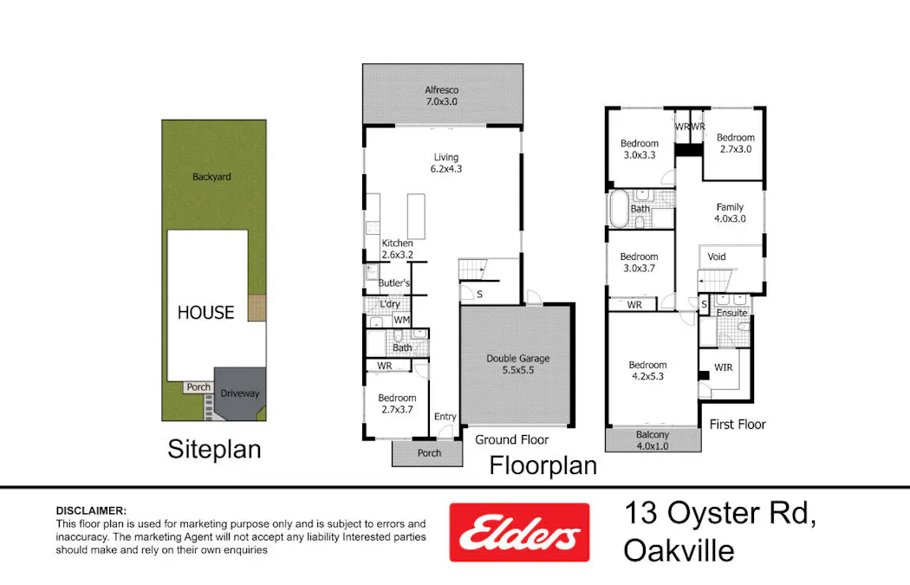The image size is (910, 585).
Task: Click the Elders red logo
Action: pyautogui.click(x=518, y=532)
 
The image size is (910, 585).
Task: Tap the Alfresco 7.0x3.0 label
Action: pyautogui.click(x=441, y=95)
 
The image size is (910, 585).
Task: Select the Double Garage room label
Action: pyautogui.click(x=517, y=364)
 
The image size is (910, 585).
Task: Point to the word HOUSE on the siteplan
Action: pyautogui.click(x=205, y=312)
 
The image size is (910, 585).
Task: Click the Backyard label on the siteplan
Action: pyautogui.click(x=211, y=177)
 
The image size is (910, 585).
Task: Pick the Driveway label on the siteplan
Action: pyautogui.click(x=240, y=393)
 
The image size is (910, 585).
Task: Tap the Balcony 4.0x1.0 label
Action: pyautogui.click(x=653, y=440)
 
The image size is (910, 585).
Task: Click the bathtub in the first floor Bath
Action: pyautogui.click(x=619, y=209)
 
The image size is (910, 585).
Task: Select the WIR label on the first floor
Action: pyautogui.click(x=723, y=367)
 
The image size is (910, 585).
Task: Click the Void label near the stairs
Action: pyautogui.click(x=717, y=257)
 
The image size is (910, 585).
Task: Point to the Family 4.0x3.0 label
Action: pyautogui.click(x=730, y=213)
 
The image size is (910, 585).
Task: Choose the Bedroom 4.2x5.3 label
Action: pyautogui.click(x=648, y=371)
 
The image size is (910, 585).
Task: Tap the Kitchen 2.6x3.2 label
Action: pyautogui.click(x=398, y=250)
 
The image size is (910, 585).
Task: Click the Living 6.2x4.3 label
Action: pyautogui.click(x=446, y=163)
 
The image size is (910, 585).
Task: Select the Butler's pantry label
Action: pyautogui.click(x=394, y=284)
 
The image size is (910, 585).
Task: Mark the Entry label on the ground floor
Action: pyautogui.click(x=445, y=417)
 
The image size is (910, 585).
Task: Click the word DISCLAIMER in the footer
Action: pyautogui.click(x=91, y=510)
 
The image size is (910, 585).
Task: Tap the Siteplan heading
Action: pyautogui.click(x=214, y=450)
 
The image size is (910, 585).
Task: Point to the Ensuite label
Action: pyautogui.click(x=731, y=313)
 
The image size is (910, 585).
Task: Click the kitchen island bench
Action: pyautogui.click(x=416, y=216)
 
